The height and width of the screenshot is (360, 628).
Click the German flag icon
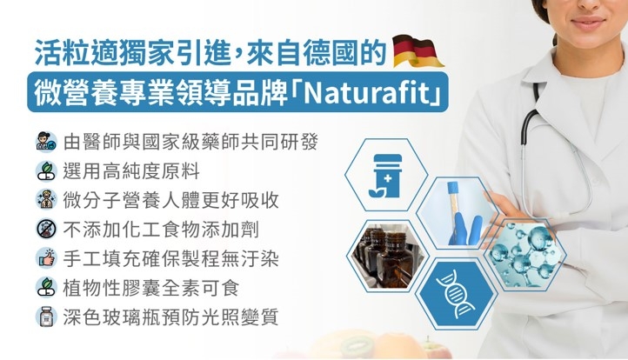pos(418,51)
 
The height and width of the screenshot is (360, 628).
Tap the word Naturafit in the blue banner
pos(367,92)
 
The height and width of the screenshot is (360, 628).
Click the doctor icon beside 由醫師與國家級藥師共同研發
pos(46,142)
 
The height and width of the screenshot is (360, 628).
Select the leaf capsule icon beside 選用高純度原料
pos(46,171)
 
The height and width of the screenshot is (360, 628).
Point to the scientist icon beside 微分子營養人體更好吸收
pos(46,200)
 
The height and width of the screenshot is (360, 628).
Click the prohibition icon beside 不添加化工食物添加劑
pos(46,229)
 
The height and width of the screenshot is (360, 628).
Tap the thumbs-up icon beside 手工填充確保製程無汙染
pos(46,258)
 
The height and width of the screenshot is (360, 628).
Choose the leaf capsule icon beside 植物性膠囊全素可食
pos(46,288)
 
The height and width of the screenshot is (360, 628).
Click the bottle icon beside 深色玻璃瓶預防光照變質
pos(46,317)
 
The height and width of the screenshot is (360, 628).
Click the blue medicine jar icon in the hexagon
pos(385,176)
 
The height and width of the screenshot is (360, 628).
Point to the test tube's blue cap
pos(453,188)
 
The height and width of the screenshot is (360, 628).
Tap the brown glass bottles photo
pos(387,256)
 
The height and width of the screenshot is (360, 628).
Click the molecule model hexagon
pos(525,254)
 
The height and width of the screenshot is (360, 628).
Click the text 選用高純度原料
pos(131,171)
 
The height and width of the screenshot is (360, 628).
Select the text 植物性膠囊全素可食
pos(151,288)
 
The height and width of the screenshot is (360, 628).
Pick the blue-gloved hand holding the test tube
pos(465,230)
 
